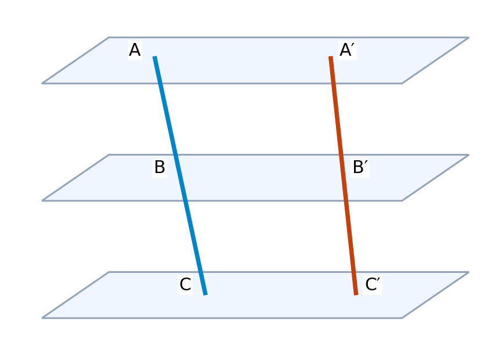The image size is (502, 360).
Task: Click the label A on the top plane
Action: point(135,50)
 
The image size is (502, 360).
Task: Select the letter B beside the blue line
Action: point(160,167)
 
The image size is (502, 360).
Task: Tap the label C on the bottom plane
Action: point(185,285)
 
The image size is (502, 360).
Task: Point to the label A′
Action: point(348,50)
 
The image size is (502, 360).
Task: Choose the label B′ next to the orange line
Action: point(360,167)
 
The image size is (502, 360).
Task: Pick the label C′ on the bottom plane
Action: point(373,285)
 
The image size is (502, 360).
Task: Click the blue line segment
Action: point(180,175)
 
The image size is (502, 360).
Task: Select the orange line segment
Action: point(343,175)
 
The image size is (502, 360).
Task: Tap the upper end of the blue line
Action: point(154,56)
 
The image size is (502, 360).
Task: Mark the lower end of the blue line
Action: point(205,294)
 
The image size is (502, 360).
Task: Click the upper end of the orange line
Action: point(331,56)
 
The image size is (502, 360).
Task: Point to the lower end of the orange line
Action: point(356,294)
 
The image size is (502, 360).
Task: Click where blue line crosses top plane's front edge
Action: point(160,83)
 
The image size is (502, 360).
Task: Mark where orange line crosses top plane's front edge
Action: point(334,83)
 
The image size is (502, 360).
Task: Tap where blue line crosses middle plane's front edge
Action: point(185,200)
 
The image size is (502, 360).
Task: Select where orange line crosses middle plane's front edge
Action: point(346,200)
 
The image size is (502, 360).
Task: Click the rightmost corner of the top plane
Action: point(469,38)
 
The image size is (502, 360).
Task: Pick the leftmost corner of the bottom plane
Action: point(42,318)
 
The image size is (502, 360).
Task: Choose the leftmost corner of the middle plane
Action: point(42,201)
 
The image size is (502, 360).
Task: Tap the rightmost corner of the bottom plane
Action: point(469,272)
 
